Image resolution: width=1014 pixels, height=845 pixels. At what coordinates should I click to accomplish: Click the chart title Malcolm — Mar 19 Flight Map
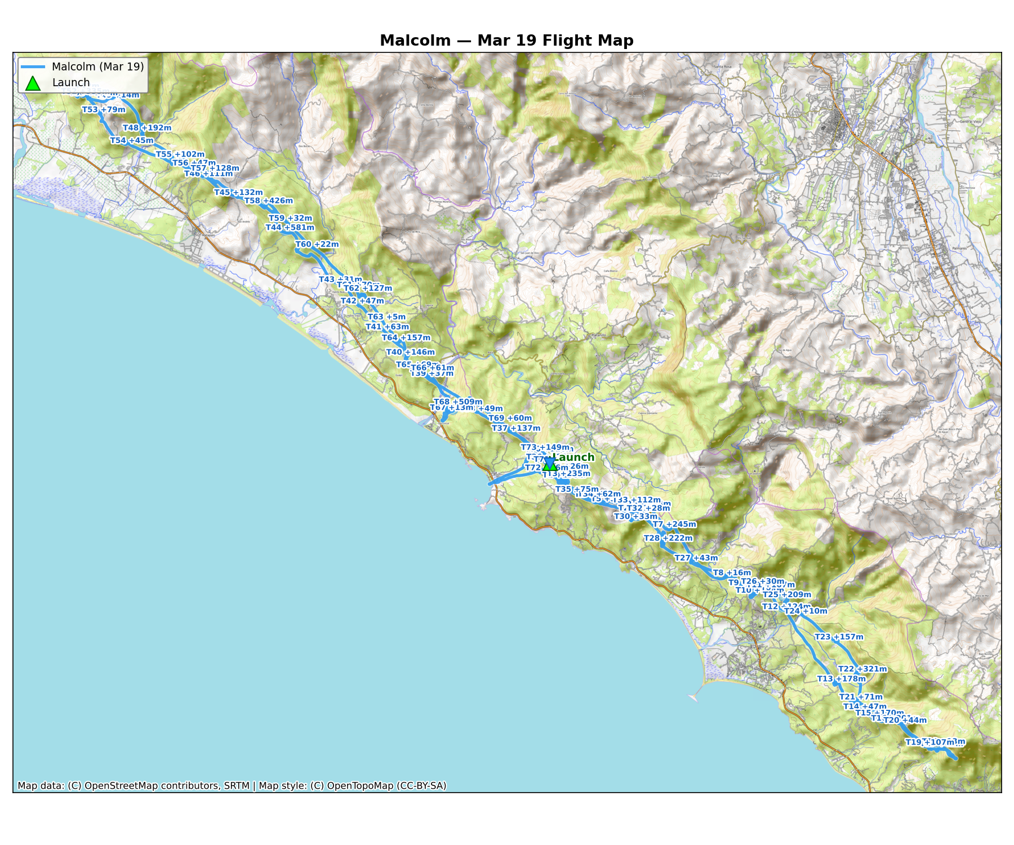pyautogui.click(x=506, y=41)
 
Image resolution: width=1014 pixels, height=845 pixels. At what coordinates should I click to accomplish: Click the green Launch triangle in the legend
pyautogui.click(x=33, y=83)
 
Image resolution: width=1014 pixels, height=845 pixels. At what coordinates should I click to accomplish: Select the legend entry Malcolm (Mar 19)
pyautogui.click(x=97, y=66)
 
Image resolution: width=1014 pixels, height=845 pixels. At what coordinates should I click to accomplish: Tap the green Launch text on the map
pyautogui.click(x=573, y=457)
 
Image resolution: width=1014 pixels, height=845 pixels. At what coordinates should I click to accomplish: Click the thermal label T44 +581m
pyautogui.click(x=290, y=228)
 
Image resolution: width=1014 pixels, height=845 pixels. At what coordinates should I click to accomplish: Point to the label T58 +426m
pyautogui.click(x=268, y=201)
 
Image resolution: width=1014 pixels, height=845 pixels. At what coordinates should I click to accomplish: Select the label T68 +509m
pyautogui.click(x=458, y=402)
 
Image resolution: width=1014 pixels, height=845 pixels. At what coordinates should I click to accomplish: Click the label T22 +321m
pyautogui.click(x=862, y=669)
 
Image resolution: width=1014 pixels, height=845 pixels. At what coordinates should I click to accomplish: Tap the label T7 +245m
pyautogui.click(x=674, y=524)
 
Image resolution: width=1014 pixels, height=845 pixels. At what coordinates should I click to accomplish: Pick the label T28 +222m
pyautogui.click(x=668, y=538)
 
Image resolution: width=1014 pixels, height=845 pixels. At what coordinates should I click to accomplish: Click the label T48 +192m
pyautogui.click(x=147, y=128)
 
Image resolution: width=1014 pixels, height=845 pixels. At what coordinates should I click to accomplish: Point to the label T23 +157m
pyautogui.click(x=839, y=637)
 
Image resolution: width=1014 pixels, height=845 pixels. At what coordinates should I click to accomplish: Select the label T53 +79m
pyautogui.click(x=104, y=109)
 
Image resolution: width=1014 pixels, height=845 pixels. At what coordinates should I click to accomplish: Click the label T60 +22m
pyautogui.click(x=317, y=244)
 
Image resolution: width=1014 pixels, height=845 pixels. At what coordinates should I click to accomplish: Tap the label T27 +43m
pyautogui.click(x=696, y=558)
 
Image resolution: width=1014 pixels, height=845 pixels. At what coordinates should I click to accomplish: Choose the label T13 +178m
pyautogui.click(x=841, y=679)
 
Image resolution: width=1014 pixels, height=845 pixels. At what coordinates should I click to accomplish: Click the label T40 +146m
pyautogui.click(x=410, y=352)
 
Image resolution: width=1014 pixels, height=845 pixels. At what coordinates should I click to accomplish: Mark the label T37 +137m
pyautogui.click(x=516, y=429)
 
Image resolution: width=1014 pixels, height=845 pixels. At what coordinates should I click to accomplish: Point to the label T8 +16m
pyautogui.click(x=732, y=573)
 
